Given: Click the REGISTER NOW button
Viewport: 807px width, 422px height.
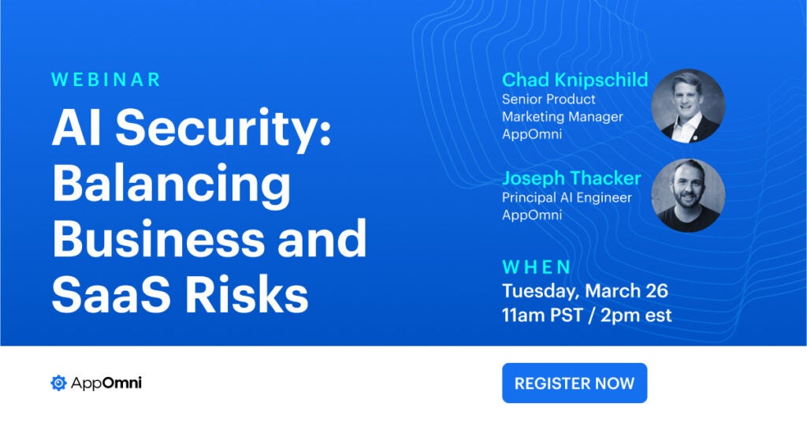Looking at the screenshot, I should pyautogui.click(x=574, y=383).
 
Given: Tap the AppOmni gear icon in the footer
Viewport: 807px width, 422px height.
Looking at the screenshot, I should pyautogui.click(x=58, y=383).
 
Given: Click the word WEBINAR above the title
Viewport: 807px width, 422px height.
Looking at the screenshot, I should pyautogui.click(x=106, y=80).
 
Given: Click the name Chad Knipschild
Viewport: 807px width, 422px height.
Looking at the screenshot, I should pyautogui.click(x=575, y=80).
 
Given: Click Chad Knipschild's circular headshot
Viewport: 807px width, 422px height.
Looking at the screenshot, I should pyautogui.click(x=688, y=105).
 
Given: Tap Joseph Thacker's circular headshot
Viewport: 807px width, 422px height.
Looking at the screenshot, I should pyautogui.click(x=688, y=196).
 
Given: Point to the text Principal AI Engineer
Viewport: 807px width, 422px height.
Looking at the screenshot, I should pyautogui.click(x=567, y=197).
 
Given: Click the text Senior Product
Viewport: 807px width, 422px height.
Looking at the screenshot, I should pyautogui.click(x=549, y=99).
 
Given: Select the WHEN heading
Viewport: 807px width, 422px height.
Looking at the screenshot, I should pyautogui.click(x=537, y=267).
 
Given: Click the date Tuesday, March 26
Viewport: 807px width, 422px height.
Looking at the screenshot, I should pyautogui.click(x=585, y=291).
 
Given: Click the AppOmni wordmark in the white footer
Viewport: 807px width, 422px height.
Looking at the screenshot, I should pyautogui.click(x=106, y=383).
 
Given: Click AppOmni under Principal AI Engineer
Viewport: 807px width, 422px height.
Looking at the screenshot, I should pyautogui.click(x=532, y=215).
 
